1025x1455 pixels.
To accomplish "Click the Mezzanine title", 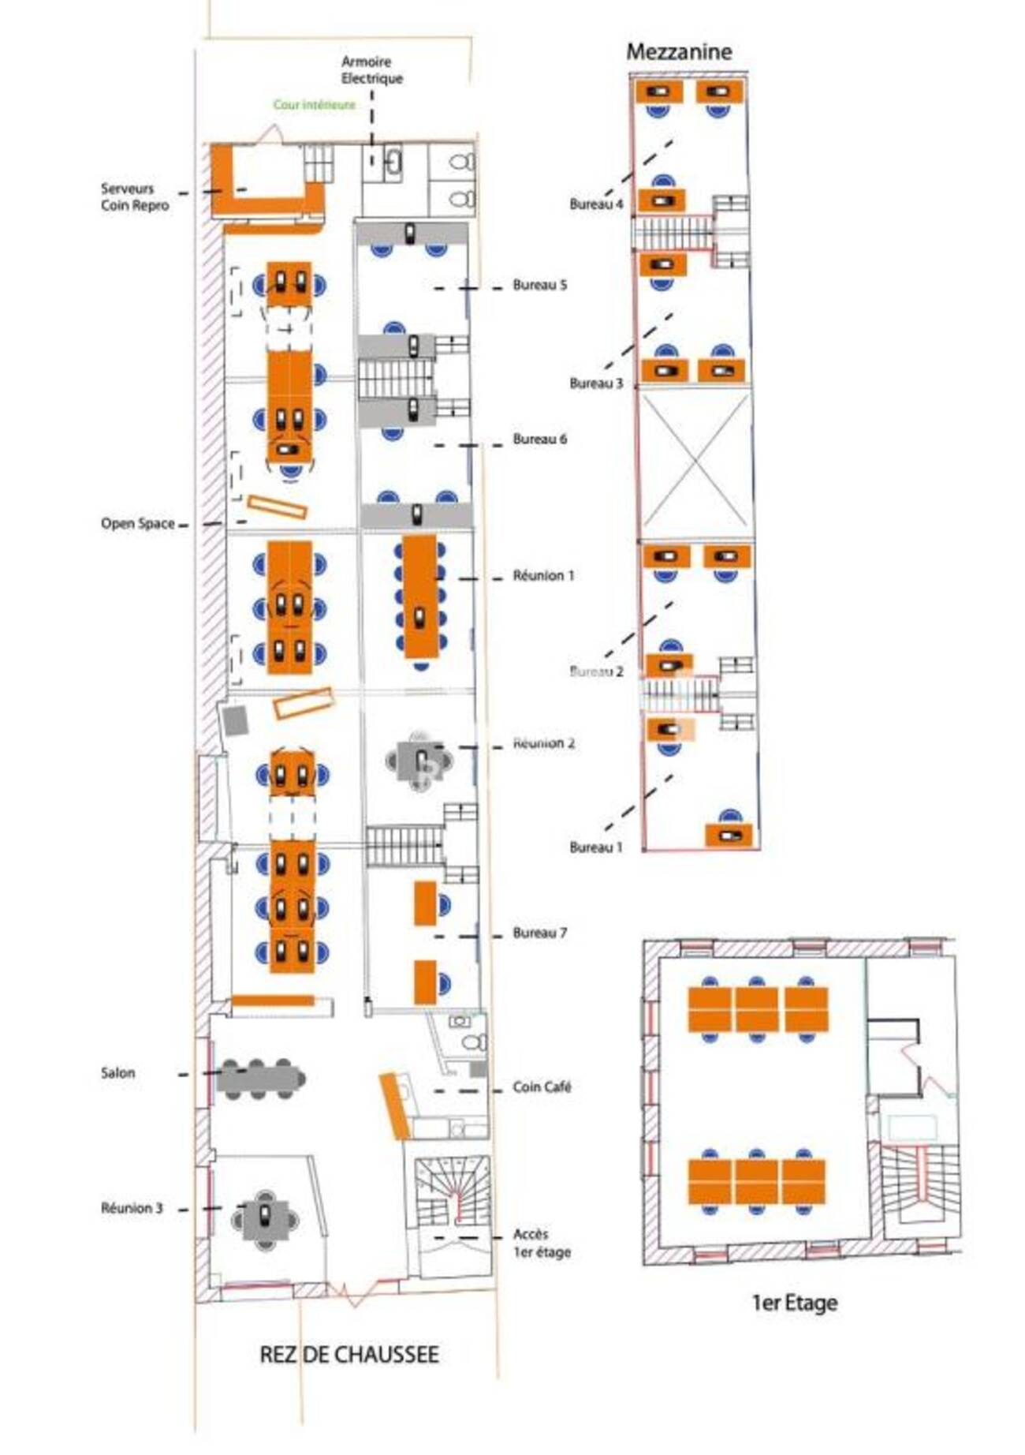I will pyautogui.click(x=679, y=52).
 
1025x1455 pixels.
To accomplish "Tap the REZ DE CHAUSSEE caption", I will pyautogui.click(x=349, y=1355).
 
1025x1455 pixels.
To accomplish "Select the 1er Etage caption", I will pyautogui.click(x=794, y=1303).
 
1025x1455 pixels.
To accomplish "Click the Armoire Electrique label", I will pyautogui.click(x=371, y=70).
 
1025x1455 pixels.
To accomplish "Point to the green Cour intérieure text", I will pyautogui.click(x=314, y=105).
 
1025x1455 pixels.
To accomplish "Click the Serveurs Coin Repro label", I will pyautogui.click(x=134, y=197).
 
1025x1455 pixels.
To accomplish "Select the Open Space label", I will pyautogui.click(x=137, y=524).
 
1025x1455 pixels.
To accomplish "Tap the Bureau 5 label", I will pyautogui.click(x=539, y=285).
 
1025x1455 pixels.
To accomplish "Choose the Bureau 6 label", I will pyautogui.click(x=539, y=439).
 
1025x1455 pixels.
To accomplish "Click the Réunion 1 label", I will pyautogui.click(x=543, y=576).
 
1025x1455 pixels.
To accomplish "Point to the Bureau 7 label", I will pyautogui.click(x=539, y=933).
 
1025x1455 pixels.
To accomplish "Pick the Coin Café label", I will pyautogui.click(x=542, y=1087).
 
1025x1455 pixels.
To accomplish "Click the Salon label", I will pyautogui.click(x=117, y=1073).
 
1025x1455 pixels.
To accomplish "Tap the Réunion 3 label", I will pyautogui.click(x=132, y=1208).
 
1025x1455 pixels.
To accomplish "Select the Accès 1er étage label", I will pyautogui.click(x=542, y=1243).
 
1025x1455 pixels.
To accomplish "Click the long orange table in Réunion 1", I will pyautogui.click(x=420, y=597).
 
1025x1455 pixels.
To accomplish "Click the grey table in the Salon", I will pyautogui.click(x=260, y=1079).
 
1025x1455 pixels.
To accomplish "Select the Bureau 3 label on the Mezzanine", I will pyautogui.click(x=596, y=383).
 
